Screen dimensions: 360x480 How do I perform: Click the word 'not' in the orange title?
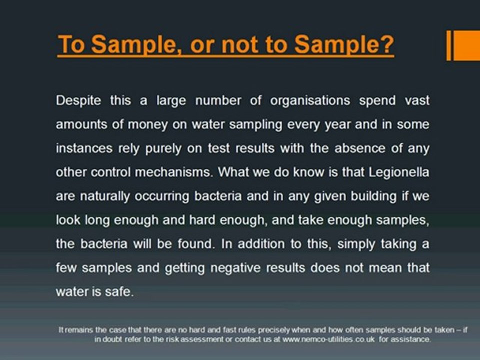coord(239,45)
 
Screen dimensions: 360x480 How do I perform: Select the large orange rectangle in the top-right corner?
coord(467,45)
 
